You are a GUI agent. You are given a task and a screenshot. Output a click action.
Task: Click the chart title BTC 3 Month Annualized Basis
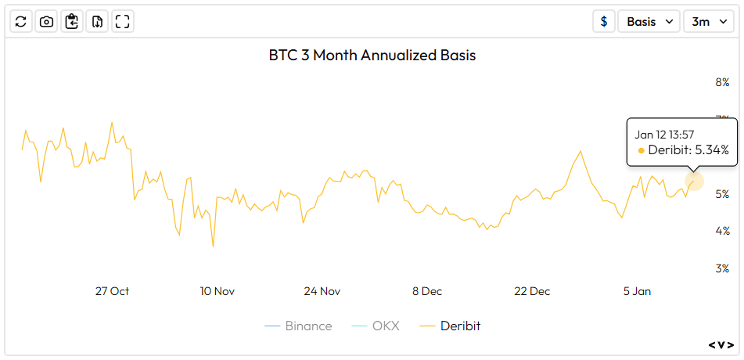372,56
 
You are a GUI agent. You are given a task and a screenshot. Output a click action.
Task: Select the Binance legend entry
298,326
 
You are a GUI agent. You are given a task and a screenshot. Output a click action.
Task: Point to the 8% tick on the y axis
721,82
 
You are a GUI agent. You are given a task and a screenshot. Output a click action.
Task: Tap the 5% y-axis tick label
721,194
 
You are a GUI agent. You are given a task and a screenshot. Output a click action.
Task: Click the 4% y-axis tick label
721,231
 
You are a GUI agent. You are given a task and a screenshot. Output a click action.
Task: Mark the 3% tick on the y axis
721,268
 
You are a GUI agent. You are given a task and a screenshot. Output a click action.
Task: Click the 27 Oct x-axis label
112,291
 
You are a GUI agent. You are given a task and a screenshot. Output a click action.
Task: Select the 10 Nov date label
217,291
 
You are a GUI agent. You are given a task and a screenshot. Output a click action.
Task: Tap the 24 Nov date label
322,291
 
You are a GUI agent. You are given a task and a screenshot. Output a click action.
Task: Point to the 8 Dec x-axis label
427,291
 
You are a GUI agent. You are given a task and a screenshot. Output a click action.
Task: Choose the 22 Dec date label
532,291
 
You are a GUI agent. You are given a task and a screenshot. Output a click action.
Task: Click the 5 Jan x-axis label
637,291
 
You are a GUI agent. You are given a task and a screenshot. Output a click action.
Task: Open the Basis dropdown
649,22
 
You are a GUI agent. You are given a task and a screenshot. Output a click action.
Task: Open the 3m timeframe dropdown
707,22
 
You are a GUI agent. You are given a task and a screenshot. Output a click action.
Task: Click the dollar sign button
603,22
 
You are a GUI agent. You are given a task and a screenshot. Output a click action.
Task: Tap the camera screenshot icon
46,22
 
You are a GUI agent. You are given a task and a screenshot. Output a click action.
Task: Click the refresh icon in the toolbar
21,22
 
